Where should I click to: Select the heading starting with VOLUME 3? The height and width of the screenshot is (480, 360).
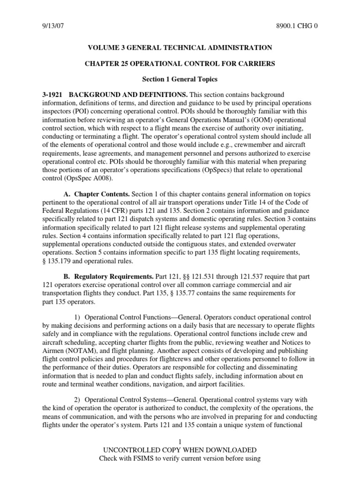click(x=180, y=48)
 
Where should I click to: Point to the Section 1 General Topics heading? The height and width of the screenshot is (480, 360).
click(x=180, y=80)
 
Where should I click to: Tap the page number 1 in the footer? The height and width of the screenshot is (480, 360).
click(x=180, y=442)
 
